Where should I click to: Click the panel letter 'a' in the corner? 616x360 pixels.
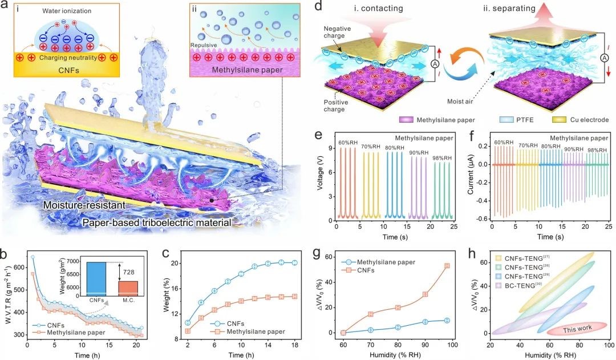pyautogui.click(x=8, y=7)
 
